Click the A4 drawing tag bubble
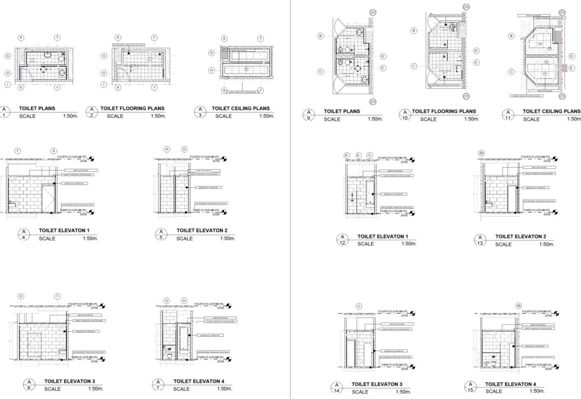[24, 234]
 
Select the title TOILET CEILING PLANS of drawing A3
[241, 108]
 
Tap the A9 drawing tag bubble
[309, 115]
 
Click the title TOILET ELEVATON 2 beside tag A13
[521, 237]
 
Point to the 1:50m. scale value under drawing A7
[225, 388]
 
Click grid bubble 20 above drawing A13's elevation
[481, 153]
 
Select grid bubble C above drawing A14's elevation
[359, 306]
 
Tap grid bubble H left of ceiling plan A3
[211, 70]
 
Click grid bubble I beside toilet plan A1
[7, 84]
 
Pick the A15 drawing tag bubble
[470, 387]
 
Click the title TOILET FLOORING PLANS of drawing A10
[444, 111]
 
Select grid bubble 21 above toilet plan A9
[373, 12]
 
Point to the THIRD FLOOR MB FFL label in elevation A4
[73, 210]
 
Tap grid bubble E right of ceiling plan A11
[572, 68]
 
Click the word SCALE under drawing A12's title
[365, 244]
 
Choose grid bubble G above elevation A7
[167, 301]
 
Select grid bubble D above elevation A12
[346, 155]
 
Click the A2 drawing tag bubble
[92, 111]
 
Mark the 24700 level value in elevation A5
[216, 161]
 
